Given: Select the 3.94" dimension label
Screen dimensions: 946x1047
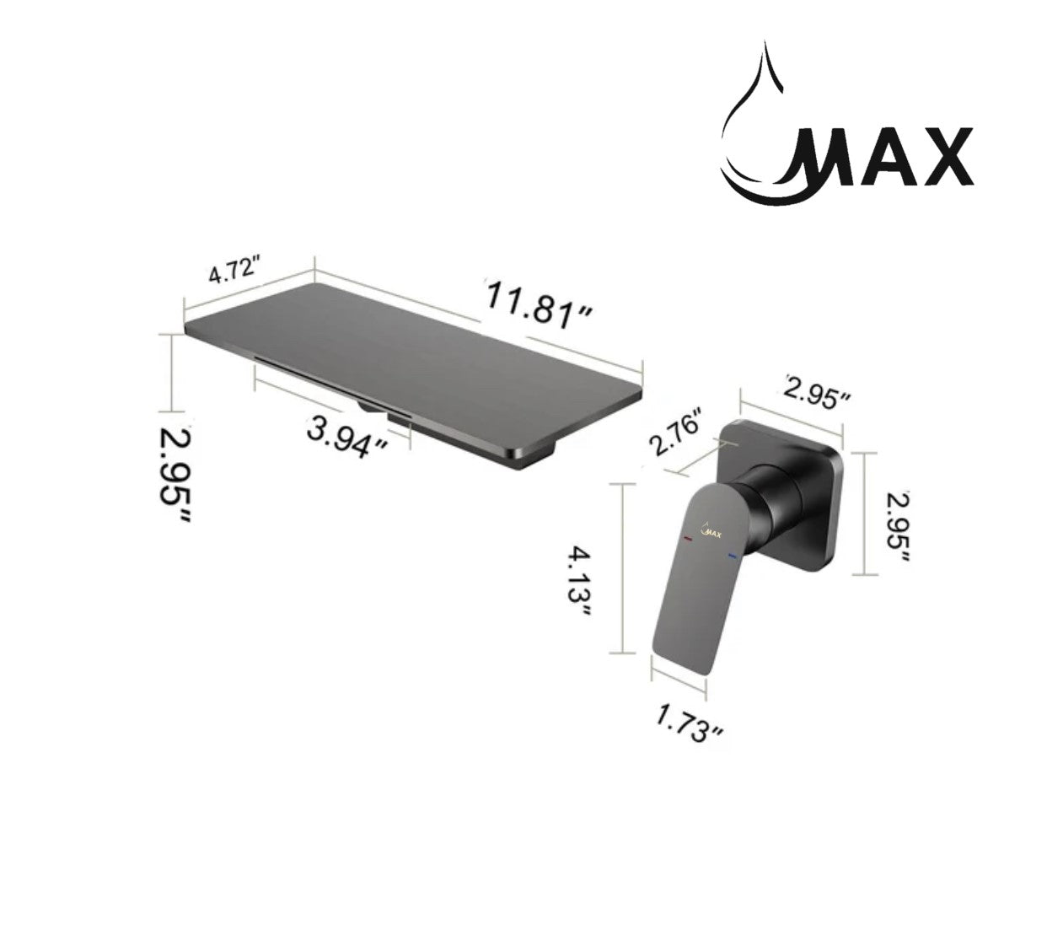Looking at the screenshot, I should [347, 438].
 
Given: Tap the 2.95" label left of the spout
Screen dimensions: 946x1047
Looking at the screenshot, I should [174, 476].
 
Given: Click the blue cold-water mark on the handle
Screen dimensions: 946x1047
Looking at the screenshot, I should [730, 556].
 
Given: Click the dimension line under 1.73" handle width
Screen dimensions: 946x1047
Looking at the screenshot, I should [678, 682].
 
